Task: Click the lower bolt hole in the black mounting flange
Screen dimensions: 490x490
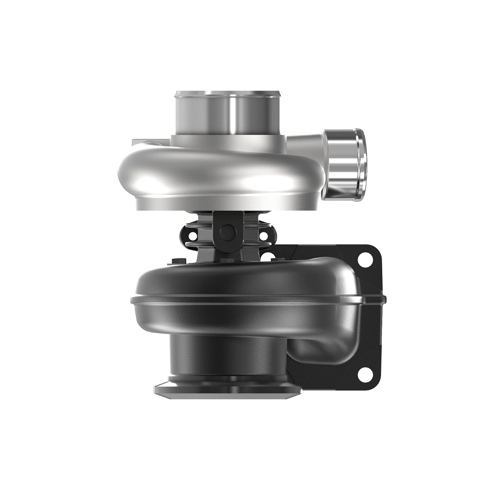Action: (361, 372)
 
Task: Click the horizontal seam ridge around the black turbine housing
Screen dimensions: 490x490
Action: (253, 302)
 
